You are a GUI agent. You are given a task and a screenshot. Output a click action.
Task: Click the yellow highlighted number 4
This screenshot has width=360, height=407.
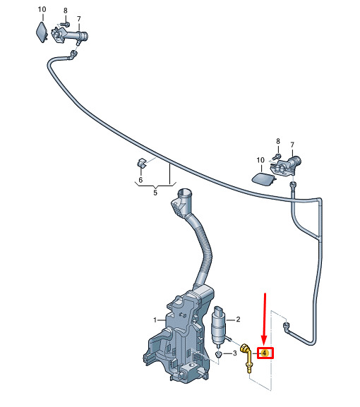[x=265, y=353]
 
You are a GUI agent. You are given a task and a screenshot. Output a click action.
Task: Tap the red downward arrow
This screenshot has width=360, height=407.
[x=265, y=320]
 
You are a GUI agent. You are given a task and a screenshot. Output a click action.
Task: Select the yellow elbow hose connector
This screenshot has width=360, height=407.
[x=246, y=358]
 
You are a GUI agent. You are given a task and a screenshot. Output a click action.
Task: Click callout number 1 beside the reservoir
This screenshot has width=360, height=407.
[x=155, y=320]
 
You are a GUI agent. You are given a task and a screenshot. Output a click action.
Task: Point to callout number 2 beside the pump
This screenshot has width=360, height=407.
[x=238, y=320]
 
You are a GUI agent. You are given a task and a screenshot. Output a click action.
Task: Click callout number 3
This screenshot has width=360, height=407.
[x=234, y=353]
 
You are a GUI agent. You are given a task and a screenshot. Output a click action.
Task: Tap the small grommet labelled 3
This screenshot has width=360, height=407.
[x=218, y=355]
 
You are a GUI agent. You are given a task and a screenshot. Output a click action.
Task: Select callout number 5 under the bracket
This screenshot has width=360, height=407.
[x=155, y=193]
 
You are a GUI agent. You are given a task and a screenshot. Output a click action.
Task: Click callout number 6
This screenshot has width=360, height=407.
[x=140, y=180]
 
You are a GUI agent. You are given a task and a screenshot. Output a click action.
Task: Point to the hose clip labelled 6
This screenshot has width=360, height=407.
[x=142, y=163]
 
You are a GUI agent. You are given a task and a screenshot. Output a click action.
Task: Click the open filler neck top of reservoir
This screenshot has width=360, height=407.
[x=184, y=194]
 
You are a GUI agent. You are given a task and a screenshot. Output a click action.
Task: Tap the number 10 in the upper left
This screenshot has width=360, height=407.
[x=42, y=10]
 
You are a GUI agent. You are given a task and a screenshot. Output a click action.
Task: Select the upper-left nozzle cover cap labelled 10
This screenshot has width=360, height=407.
[x=42, y=32]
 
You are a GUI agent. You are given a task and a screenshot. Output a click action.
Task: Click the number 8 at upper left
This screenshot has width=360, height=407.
[x=65, y=11]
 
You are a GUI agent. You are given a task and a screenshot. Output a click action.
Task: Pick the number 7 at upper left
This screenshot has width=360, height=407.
[x=78, y=19]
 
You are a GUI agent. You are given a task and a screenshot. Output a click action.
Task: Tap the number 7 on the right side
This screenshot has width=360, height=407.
[x=292, y=145]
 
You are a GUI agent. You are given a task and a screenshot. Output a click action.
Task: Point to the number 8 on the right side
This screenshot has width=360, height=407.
[x=278, y=141]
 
